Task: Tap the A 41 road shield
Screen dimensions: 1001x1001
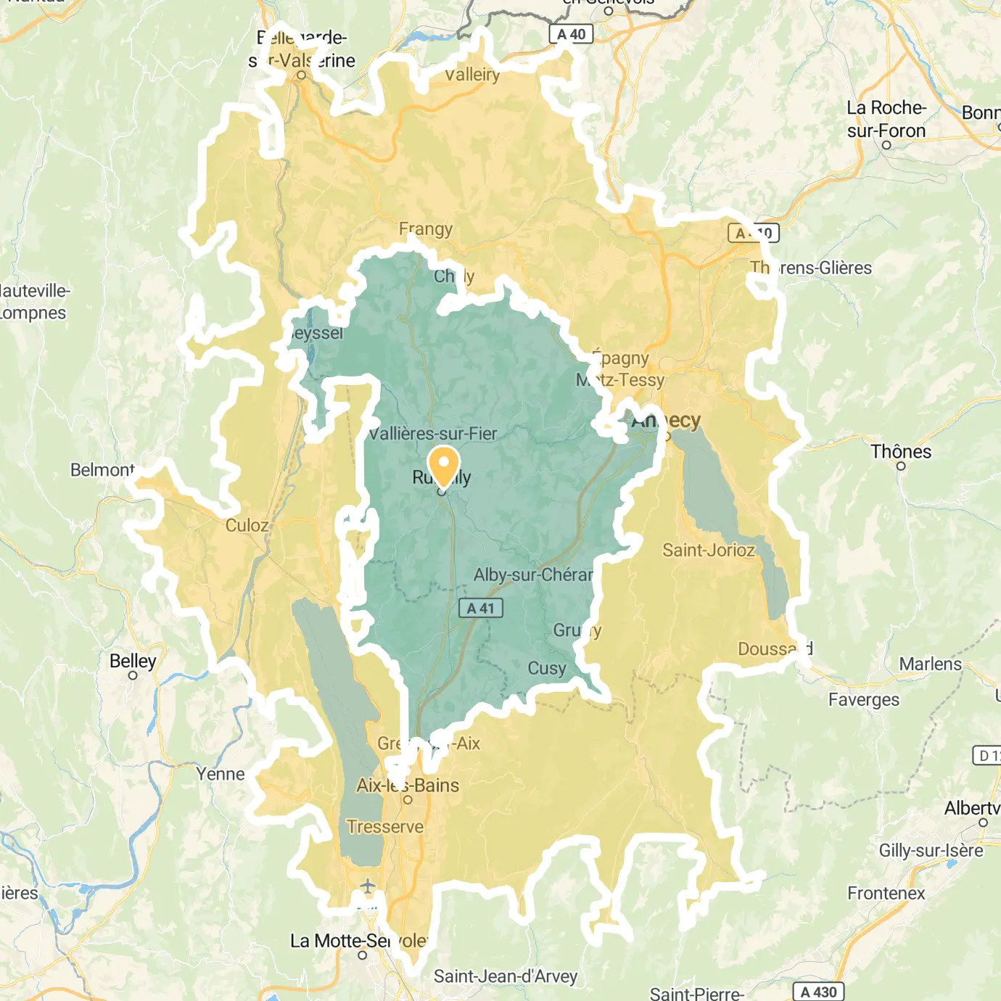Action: [x=480, y=609]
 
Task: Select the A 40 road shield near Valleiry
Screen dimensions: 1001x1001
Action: [x=571, y=34]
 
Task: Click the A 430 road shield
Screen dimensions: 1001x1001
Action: [x=819, y=992]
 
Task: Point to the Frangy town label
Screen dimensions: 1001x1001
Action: [x=426, y=229]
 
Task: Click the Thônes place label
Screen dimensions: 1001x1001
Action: [x=901, y=452]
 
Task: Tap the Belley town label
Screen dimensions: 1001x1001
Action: [x=133, y=661]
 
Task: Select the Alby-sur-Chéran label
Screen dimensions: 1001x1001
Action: [x=533, y=575]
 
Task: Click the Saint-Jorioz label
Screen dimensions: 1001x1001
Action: [x=709, y=551]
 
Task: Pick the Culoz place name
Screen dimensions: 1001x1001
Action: [x=247, y=525]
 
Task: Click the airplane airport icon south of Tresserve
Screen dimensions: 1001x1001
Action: [x=368, y=886]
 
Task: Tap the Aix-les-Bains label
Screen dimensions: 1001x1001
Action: [x=408, y=786]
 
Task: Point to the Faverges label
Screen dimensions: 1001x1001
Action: [x=864, y=700]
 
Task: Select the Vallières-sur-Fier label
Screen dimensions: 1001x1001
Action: [x=433, y=434]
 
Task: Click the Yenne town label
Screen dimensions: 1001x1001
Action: [x=221, y=774]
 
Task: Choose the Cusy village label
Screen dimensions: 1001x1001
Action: [x=547, y=668]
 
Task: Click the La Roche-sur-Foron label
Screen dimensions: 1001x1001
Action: [x=886, y=119]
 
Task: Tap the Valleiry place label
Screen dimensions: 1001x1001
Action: [x=472, y=75]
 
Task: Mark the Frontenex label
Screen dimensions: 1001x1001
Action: [x=886, y=893]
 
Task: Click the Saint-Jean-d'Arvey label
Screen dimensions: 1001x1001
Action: [x=506, y=976]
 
